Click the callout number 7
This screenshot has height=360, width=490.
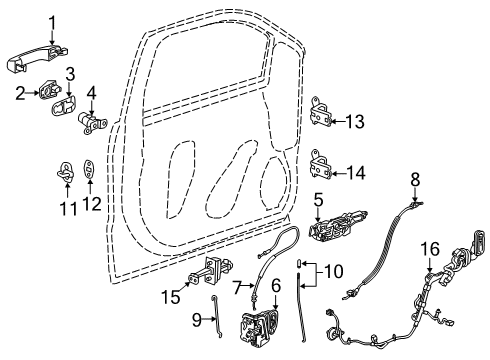tap(238, 288)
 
